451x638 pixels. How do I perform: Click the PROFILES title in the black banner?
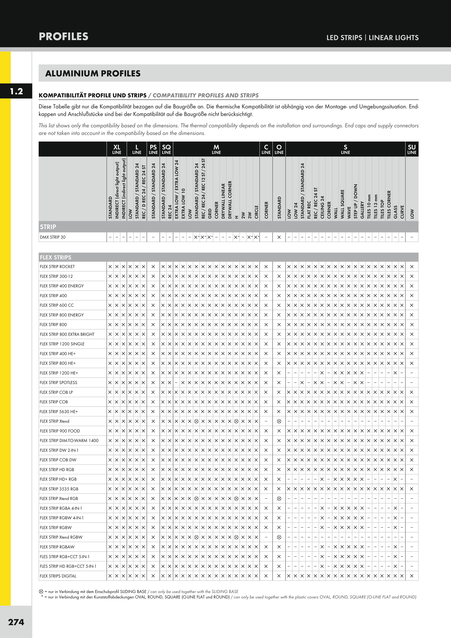[63, 37]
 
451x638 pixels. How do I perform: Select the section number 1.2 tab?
[16, 91]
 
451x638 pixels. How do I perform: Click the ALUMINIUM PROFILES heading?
[93, 74]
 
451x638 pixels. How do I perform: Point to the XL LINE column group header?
[117, 149]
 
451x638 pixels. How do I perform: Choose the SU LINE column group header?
[412, 149]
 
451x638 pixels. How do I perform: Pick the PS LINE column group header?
[153, 149]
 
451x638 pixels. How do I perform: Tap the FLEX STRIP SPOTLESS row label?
[58, 383]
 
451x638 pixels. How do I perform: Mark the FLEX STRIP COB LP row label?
[56, 392]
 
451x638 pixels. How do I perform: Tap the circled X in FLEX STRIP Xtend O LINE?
[279, 421]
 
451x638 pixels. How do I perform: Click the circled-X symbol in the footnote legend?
[41, 592]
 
